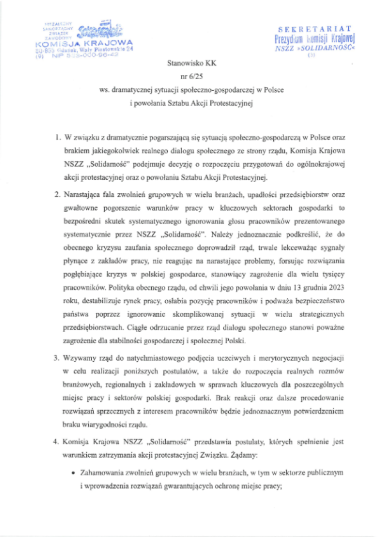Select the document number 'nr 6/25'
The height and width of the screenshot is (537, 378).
(188, 77)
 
